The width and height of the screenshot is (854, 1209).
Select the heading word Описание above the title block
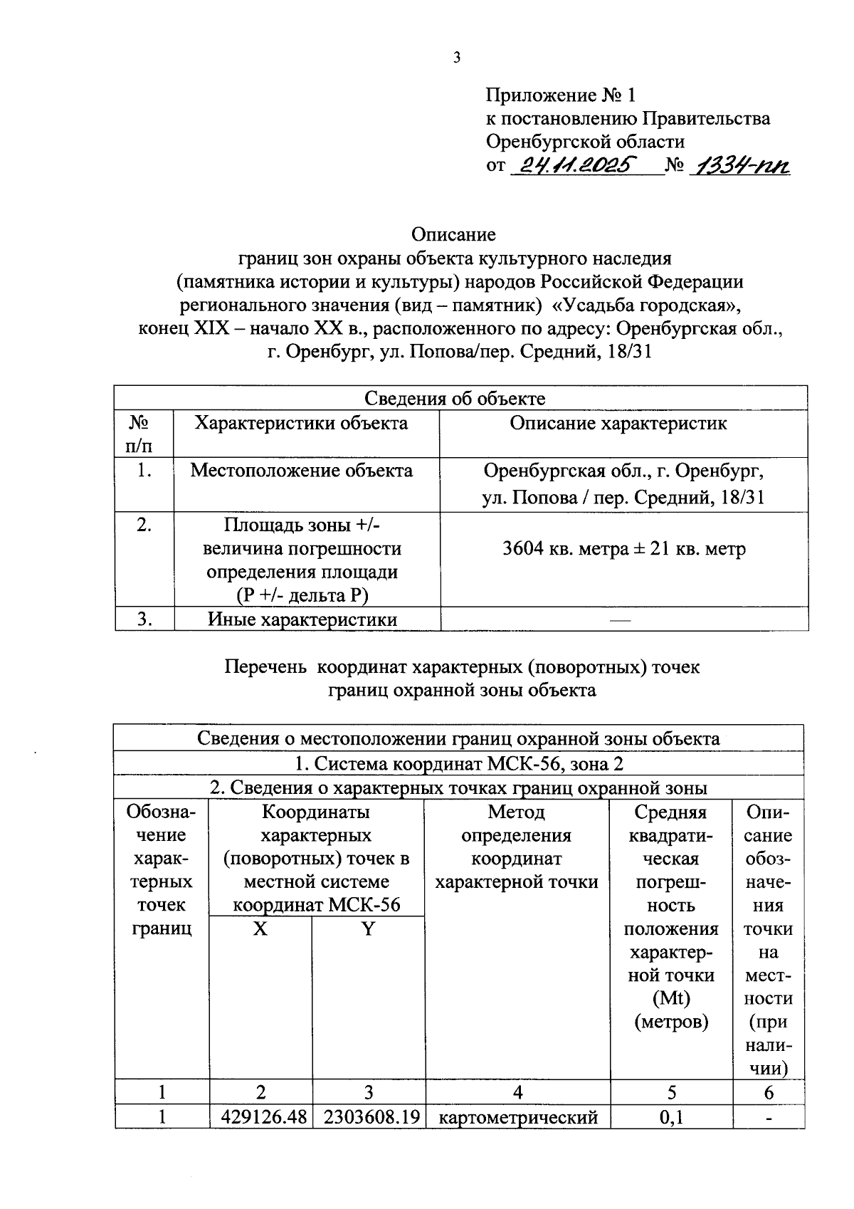click(x=453, y=234)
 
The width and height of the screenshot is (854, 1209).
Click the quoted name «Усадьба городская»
click(x=647, y=305)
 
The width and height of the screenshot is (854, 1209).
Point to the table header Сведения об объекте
click(x=455, y=399)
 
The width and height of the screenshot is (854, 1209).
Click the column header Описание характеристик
click(x=618, y=424)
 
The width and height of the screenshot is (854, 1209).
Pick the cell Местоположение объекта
click(x=301, y=471)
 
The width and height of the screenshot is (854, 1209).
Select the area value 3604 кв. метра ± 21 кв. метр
click(x=624, y=549)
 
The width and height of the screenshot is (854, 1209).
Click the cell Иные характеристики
click(x=302, y=619)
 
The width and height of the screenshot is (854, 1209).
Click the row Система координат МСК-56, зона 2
click(x=459, y=764)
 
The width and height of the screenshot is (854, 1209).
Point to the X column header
click(x=260, y=929)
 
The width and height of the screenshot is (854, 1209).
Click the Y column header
click(x=368, y=929)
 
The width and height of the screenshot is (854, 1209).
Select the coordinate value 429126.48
click(x=261, y=1117)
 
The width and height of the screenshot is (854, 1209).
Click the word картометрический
click(x=517, y=1117)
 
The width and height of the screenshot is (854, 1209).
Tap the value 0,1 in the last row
click(x=671, y=1117)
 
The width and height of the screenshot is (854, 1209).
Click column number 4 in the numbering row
click(x=517, y=1093)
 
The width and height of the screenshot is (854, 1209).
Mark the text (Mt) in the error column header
click(x=671, y=999)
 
